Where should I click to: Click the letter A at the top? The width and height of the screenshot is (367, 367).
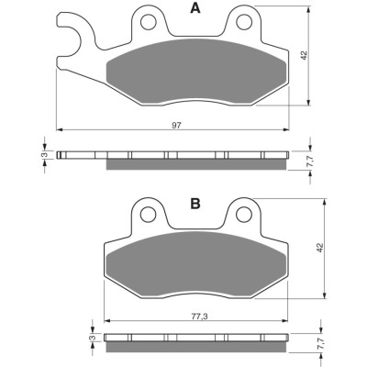pos(195,8)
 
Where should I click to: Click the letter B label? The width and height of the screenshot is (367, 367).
pos(195,204)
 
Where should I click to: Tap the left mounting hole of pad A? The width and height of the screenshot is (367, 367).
pos(149,22)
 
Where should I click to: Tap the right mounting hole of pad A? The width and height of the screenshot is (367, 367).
pos(244,22)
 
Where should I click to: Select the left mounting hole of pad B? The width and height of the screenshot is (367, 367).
pos(149,214)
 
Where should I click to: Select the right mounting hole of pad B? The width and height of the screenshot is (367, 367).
pos(244,214)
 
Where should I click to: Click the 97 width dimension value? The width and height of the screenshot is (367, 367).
pos(176,125)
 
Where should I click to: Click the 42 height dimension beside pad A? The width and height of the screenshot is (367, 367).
pos(304,55)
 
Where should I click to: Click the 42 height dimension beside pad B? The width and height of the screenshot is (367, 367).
pos(319,248)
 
